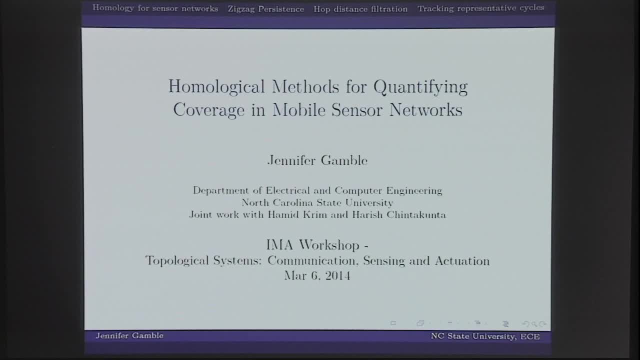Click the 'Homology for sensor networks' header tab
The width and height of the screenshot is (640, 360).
(x=155, y=8)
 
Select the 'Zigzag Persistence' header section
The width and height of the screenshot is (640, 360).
(x=265, y=9)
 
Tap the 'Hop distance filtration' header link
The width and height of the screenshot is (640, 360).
(x=360, y=9)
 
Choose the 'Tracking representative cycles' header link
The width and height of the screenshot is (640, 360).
(x=480, y=8)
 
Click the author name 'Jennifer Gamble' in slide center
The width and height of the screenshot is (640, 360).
(x=317, y=160)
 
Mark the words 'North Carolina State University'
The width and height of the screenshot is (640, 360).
(x=317, y=202)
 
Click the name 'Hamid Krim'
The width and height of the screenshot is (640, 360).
(x=302, y=215)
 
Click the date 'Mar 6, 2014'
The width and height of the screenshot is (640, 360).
(x=317, y=275)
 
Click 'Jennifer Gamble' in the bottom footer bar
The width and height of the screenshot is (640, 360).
(x=129, y=335)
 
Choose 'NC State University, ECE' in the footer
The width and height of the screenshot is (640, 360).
(x=485, y=336)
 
